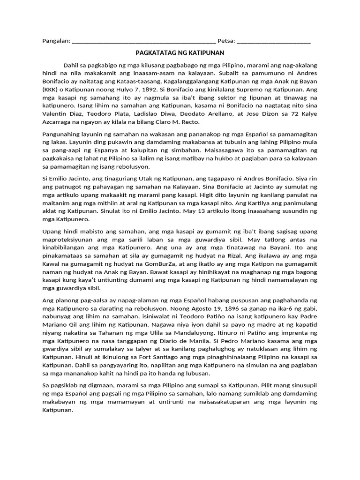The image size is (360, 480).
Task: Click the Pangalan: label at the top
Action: coord(56,41)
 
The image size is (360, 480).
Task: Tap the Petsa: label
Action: coord(226,41)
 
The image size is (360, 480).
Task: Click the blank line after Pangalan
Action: coord(144,42)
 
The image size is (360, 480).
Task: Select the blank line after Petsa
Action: coord(274,42)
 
